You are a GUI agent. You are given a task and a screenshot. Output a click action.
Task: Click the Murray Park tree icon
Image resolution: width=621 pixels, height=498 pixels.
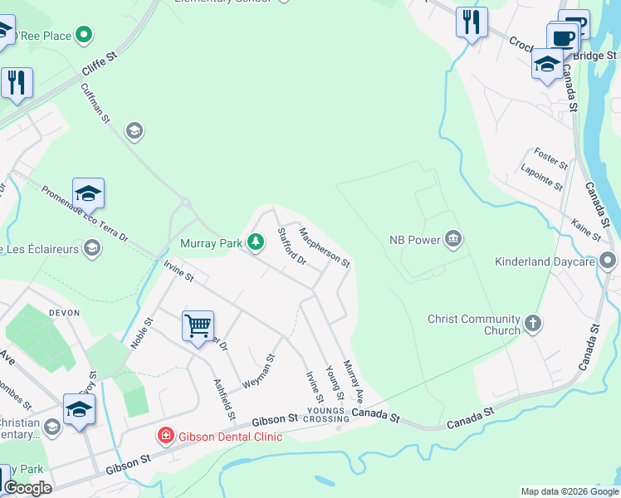tap(257, 242)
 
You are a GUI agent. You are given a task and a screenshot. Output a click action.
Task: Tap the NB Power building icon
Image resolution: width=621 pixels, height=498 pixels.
tap(452, 240)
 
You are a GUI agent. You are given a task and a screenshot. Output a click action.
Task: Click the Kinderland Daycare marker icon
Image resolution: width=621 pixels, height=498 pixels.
tap(609, 261)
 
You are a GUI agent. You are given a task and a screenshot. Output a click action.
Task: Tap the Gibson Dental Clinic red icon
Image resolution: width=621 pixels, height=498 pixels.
tap(166, 435)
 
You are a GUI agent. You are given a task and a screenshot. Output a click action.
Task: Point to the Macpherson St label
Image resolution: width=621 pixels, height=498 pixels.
tap(325, 247)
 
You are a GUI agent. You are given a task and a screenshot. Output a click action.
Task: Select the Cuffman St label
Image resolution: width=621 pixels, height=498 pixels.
tap(95, 103)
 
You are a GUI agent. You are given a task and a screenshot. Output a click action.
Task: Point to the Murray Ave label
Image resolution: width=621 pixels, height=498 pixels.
tap(355, 380)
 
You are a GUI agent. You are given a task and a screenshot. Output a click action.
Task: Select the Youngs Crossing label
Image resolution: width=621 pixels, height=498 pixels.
tap(327, 415)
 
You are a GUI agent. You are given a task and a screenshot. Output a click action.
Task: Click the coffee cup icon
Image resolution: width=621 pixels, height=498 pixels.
tap(562, 36)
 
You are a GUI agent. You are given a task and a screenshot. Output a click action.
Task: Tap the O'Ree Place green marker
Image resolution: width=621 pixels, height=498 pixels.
tap(83, 35)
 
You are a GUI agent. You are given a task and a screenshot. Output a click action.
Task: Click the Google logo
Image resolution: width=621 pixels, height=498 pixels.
tap(27, 488)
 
